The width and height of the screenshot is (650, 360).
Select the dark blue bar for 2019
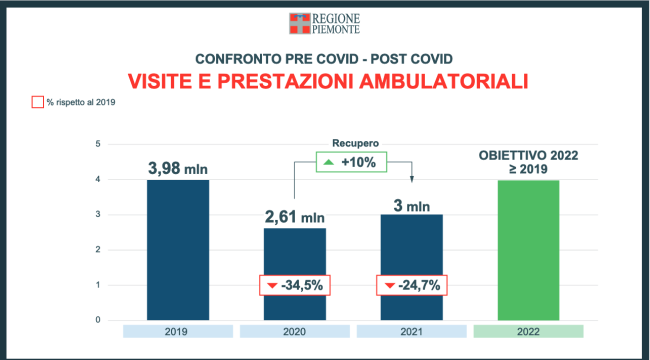point(179,250)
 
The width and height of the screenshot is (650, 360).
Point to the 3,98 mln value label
point(179,165)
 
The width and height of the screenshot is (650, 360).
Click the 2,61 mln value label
point(295,215)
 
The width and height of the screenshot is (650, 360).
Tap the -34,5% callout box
point(295,285)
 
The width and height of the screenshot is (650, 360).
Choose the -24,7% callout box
point(411,285)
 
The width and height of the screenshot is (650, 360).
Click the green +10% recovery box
point(353,161)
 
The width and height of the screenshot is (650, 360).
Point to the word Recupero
point(353,142)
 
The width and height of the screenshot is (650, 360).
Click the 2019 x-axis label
point(179,331)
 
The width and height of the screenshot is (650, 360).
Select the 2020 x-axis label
point(295,331)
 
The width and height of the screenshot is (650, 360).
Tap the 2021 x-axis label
point(411,331)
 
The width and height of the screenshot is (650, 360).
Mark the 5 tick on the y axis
point(98,144)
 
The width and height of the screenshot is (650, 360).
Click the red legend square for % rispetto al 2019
point(38,102)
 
